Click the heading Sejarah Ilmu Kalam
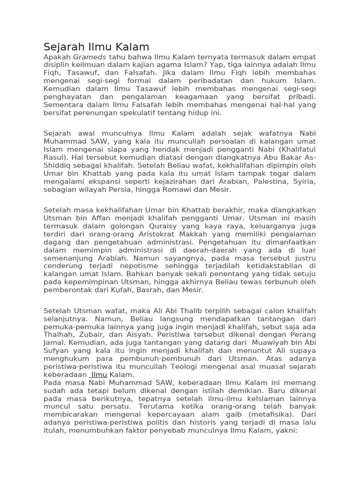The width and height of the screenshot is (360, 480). coord(96,47)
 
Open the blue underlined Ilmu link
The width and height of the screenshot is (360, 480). coord(99,375)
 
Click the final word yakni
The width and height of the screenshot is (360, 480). coord(287,431)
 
